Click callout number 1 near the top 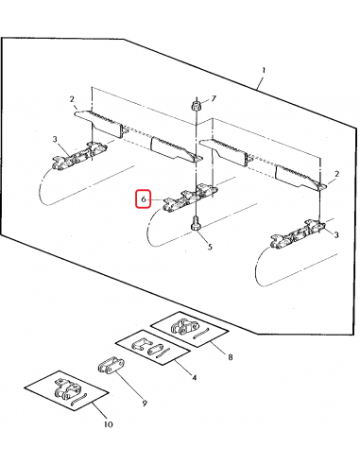[264, 70]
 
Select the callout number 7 [214, 98]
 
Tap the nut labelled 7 [196, 105]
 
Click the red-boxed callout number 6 [144, 199]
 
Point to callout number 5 [210, 247]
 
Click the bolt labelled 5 [196, 223]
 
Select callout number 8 [231, 357]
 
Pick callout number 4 [195, 377]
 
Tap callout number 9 [145, 404]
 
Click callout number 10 [108, 424]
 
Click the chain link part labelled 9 [111, 366]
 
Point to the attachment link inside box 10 [67, 389]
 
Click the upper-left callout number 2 [72, 99]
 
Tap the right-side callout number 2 [336, 174]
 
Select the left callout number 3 [55, 139]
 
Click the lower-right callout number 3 [336, 234]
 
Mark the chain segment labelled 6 [190, 199]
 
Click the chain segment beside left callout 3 [79, 156]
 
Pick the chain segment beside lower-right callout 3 [298, 235]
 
